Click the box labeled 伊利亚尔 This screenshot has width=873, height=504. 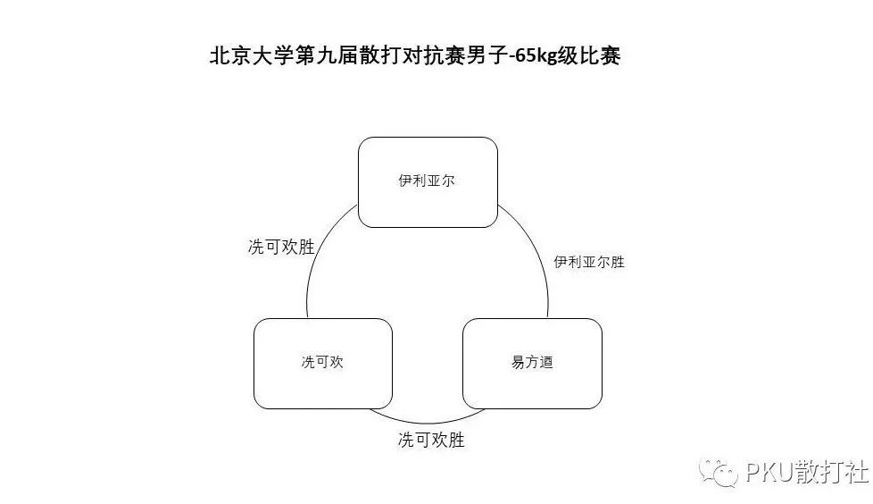pos(428,182)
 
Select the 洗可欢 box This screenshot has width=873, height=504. pos(323,364)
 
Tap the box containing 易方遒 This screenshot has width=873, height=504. pos(532,364)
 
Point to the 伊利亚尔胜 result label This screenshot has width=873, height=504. pos(589,262)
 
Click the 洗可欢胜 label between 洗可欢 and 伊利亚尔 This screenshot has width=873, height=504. pos(281,247)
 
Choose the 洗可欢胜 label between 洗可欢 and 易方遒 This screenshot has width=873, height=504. pos(431,440)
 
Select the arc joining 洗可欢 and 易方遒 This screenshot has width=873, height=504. pos(428,418)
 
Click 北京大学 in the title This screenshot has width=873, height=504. pos(252,55)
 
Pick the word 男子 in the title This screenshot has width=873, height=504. pos(486,55)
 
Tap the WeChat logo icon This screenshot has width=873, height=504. pos(719,473)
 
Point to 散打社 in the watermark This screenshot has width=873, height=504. pos(831,472)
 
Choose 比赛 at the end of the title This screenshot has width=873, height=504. pos(600,55)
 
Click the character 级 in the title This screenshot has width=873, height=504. pos(569,55)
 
